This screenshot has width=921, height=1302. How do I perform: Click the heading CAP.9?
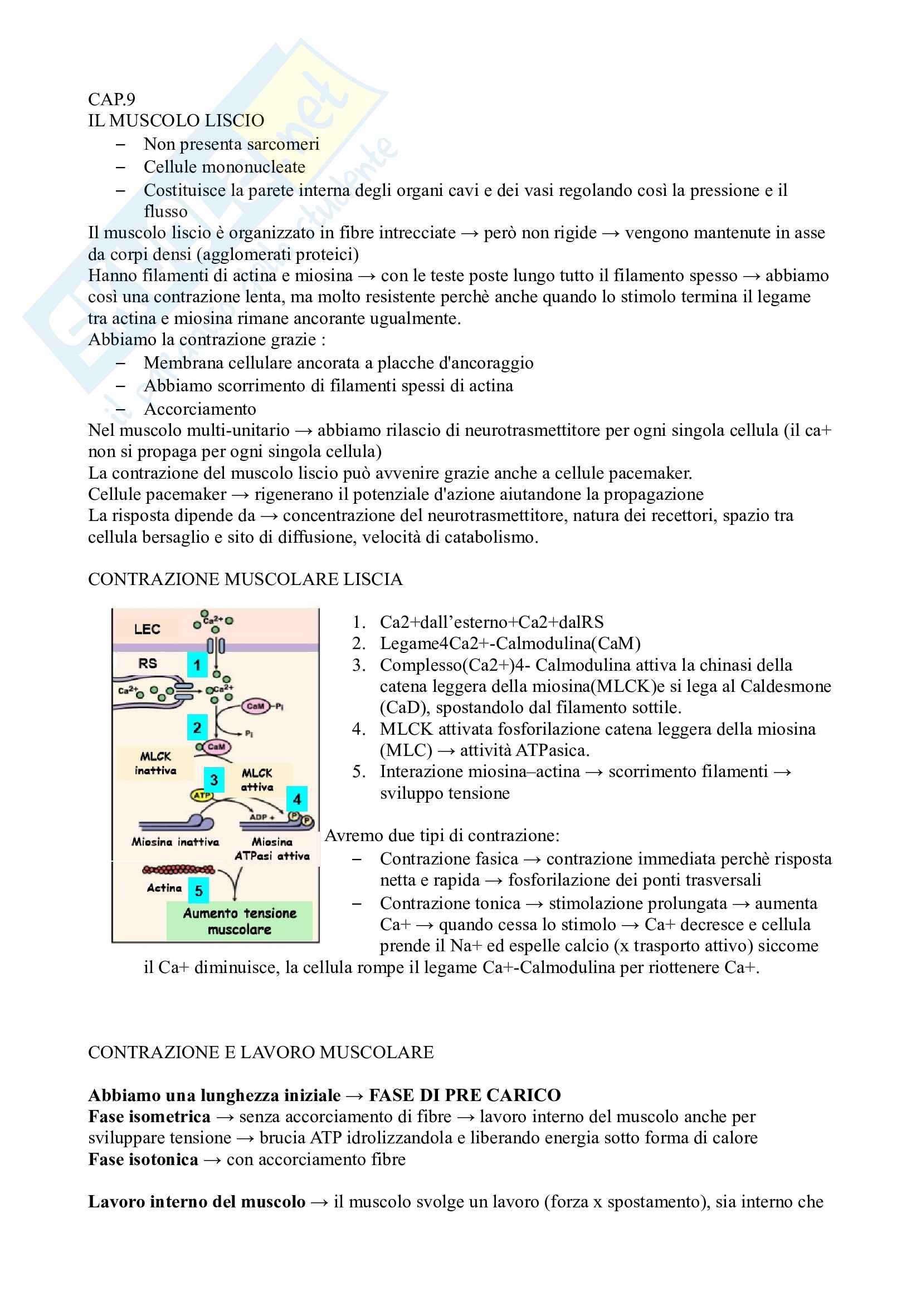click(x=111, y=100)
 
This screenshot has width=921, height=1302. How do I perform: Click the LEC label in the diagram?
click(x=147, y=630)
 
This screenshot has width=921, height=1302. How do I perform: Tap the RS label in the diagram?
click(x=148, y=664)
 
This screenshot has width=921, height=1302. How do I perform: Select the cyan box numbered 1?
click(x=197, y=665)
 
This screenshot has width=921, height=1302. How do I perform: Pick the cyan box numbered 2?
click(x=197, y=728)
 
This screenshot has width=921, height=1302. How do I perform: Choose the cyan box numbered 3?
click(x=214, y=780)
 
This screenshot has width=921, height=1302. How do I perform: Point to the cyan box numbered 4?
click(x=297, y=799)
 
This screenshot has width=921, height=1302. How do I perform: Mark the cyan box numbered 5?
click(x=198, y=891)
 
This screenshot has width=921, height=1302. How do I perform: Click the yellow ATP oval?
click(x=202, y=795)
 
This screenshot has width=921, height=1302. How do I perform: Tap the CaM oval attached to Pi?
click(x=255, y=706)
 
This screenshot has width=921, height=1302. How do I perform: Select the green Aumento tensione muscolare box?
click(x=240, y=921)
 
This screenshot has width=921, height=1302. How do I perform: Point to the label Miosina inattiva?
click(x=176, y=842)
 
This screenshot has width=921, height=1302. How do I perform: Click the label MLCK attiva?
click(x=257, y=780)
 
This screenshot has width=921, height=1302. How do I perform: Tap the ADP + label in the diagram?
click(x=262, y=817)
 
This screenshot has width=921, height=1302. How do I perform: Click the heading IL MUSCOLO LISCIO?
click(x=176, y=121)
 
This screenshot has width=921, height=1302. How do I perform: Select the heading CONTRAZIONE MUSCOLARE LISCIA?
click(x=245, y=579)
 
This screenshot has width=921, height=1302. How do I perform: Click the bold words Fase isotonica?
click(x=143, y=1159)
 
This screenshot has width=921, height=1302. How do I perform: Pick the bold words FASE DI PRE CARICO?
click(x=465, y=1095)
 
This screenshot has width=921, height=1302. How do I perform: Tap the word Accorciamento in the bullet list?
click(x=200, y=409)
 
